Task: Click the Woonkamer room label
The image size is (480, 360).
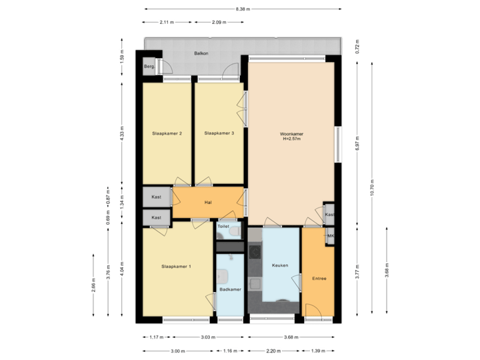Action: (291, 134)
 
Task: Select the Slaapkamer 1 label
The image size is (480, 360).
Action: (176, 267)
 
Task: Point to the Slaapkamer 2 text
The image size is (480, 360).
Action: (167, 133)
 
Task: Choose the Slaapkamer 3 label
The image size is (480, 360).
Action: (219, 133)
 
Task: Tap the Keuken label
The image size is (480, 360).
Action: (280, 265)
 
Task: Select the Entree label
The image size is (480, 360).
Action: (319, 279)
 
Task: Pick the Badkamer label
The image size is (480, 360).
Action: (230, 289)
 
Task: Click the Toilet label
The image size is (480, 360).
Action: (224, 226)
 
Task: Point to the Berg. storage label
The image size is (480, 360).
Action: (149, 67)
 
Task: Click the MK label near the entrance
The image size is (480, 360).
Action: (330, 237)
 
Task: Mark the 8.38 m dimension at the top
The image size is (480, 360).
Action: (243, 9)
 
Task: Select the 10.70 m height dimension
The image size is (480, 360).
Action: (371, 188)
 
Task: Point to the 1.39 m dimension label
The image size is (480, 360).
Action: (317, 350)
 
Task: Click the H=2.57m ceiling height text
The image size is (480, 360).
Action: (291, 139)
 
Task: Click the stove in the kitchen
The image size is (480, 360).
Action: (254, 252)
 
